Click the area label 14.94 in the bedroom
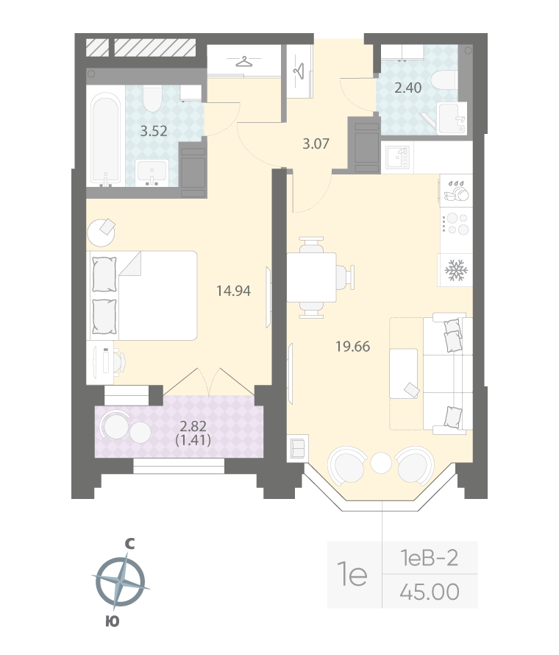[234, 291]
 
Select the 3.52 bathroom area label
[154, 132]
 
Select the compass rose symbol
[120, 581]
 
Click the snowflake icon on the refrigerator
[455, 271]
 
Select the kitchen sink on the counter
[398, 157]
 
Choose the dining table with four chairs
[312, 277]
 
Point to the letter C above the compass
[129, 544]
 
